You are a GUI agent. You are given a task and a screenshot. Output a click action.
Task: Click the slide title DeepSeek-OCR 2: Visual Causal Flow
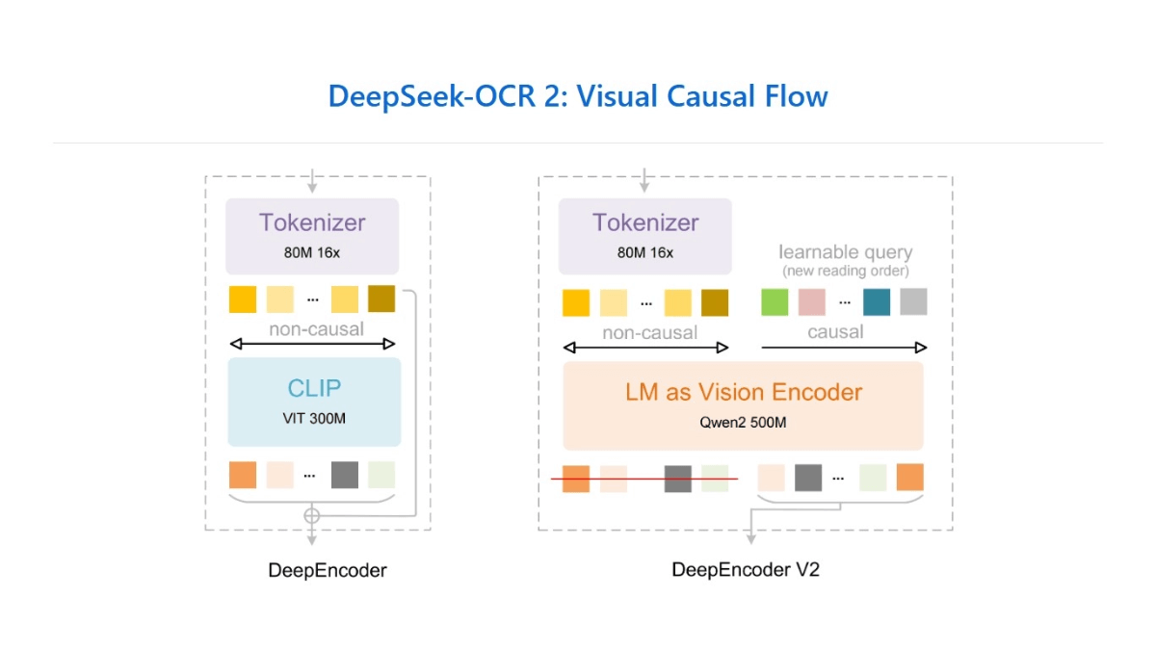[x=578, y=96]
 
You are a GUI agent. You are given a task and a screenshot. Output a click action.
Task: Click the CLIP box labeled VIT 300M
[x=314, y=402]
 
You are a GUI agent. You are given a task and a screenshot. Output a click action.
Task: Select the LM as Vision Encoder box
[x=743, y=405]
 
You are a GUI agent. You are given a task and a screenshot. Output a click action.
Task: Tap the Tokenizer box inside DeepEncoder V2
[x=645, y=236]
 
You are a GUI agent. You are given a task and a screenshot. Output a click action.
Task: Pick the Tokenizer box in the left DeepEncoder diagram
[x=312, y=236]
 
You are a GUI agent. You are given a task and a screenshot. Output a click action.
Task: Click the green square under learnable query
[x=775, y=302]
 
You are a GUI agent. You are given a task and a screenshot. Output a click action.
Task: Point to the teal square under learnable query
[x=877, y=302]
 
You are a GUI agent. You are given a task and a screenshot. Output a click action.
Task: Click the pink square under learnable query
[x=812, y=302]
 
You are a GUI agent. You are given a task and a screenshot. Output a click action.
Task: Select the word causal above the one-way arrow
[x=835, y=331]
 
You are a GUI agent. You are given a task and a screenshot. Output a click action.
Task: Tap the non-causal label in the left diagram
[x=316, y=329]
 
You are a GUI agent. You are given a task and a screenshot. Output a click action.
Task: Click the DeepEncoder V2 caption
[x=745, y=569]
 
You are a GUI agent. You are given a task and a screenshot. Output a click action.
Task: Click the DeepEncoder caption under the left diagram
[x=328, y=570]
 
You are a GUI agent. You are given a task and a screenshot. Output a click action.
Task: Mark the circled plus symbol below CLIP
[x=311, y=516]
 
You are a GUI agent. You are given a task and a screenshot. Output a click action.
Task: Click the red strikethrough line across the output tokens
[x=644, y=479]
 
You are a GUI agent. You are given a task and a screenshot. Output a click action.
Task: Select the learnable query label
[x=845, y=252]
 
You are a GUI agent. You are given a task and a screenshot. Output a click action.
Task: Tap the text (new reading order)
[x=845, y=271]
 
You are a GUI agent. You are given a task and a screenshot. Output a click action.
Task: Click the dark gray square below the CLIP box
[x=344, y=475]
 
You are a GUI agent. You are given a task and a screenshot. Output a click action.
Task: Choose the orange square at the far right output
[x=909, y=478]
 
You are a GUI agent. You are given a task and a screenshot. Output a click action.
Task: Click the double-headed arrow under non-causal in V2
[x=645, y=348]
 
